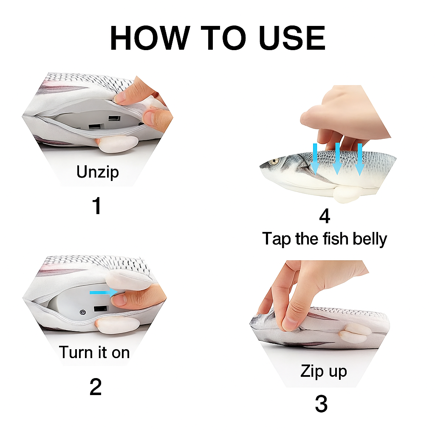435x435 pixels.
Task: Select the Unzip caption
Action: (x=97, y=172)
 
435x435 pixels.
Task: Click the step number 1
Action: (x=97, y=206)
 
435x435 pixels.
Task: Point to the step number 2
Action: (x=96, y=387)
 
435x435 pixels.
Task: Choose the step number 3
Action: (x=322, y=404)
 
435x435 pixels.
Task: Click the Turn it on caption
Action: (x=94, y=352)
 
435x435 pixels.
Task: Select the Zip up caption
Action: (x=324, y=371)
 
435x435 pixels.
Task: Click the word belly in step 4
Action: (x=370, y=239)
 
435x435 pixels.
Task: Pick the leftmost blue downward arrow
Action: (x=315, y=159)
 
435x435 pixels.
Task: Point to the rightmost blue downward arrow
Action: (x=360, y=159)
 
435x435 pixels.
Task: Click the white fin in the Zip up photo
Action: (x=353, y=334)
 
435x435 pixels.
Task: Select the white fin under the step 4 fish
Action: (x=345, y=194)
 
